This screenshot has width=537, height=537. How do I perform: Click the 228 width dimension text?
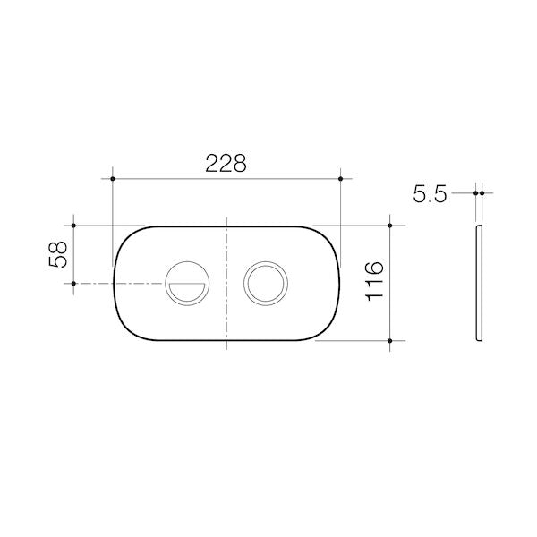[x=226, y=163]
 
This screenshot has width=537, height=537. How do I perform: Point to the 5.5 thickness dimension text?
[x=430, y=194]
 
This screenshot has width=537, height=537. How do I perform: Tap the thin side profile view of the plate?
[x=480, y=282]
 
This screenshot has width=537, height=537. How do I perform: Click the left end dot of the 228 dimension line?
[x=113, y=179]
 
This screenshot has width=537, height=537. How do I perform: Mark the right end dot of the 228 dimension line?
[x=342, y=179]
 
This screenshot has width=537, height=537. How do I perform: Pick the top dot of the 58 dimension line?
[x=73, y=226]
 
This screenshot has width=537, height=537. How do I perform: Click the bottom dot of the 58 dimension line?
[x=73, y=284]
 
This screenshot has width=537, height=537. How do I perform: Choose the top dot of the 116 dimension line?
[x=390, y=226]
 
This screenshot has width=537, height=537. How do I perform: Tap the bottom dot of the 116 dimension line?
[x=390, y=340]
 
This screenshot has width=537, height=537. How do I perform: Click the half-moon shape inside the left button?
[x=187, y=290]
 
